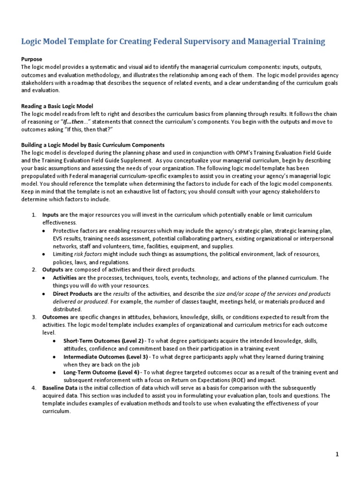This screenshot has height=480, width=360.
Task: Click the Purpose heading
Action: click(32, 59)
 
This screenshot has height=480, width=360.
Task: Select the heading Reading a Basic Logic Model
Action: click(60, 106)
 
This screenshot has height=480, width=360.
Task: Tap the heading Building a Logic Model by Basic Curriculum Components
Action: click(93, 144)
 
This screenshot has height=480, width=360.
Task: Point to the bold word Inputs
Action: click(50, 215)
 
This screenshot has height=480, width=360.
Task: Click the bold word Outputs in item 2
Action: click(53, 270)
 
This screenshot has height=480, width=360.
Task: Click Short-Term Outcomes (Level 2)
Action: click(103, 341)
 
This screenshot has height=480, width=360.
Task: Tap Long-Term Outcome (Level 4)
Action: click(101, 372)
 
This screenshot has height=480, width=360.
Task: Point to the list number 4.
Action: click(34, 388)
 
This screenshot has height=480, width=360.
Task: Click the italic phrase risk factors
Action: click(88, 254)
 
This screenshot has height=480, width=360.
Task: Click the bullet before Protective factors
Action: click(44, 231)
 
